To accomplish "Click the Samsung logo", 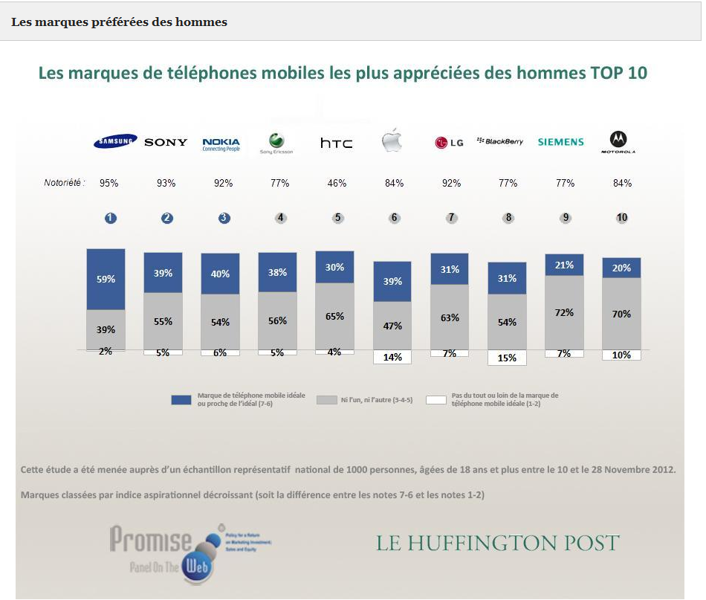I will click(x=114, y=141).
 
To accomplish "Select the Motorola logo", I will click(x=618, y=141).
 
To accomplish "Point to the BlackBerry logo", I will click(x=500, y=141).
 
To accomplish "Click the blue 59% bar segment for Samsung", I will click(x=106, y=280).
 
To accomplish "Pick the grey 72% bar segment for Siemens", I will click(x=564, y=312).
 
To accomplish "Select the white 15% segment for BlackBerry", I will click(x=507, y=358).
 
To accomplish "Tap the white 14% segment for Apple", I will click(x=392, y=357).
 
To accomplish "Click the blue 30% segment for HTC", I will click(x=334, y=267).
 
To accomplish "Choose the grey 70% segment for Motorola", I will click(x=621, y=314).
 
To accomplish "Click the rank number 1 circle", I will click(x=110, y=218).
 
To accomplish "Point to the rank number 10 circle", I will click(x=622, y=218).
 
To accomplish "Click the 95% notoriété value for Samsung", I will click(x=109, y=183).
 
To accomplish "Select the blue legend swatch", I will click(x=182, y=400).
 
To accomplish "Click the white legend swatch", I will click(x=436, y=400).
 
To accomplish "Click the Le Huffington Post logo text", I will click(x=497, y=543).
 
